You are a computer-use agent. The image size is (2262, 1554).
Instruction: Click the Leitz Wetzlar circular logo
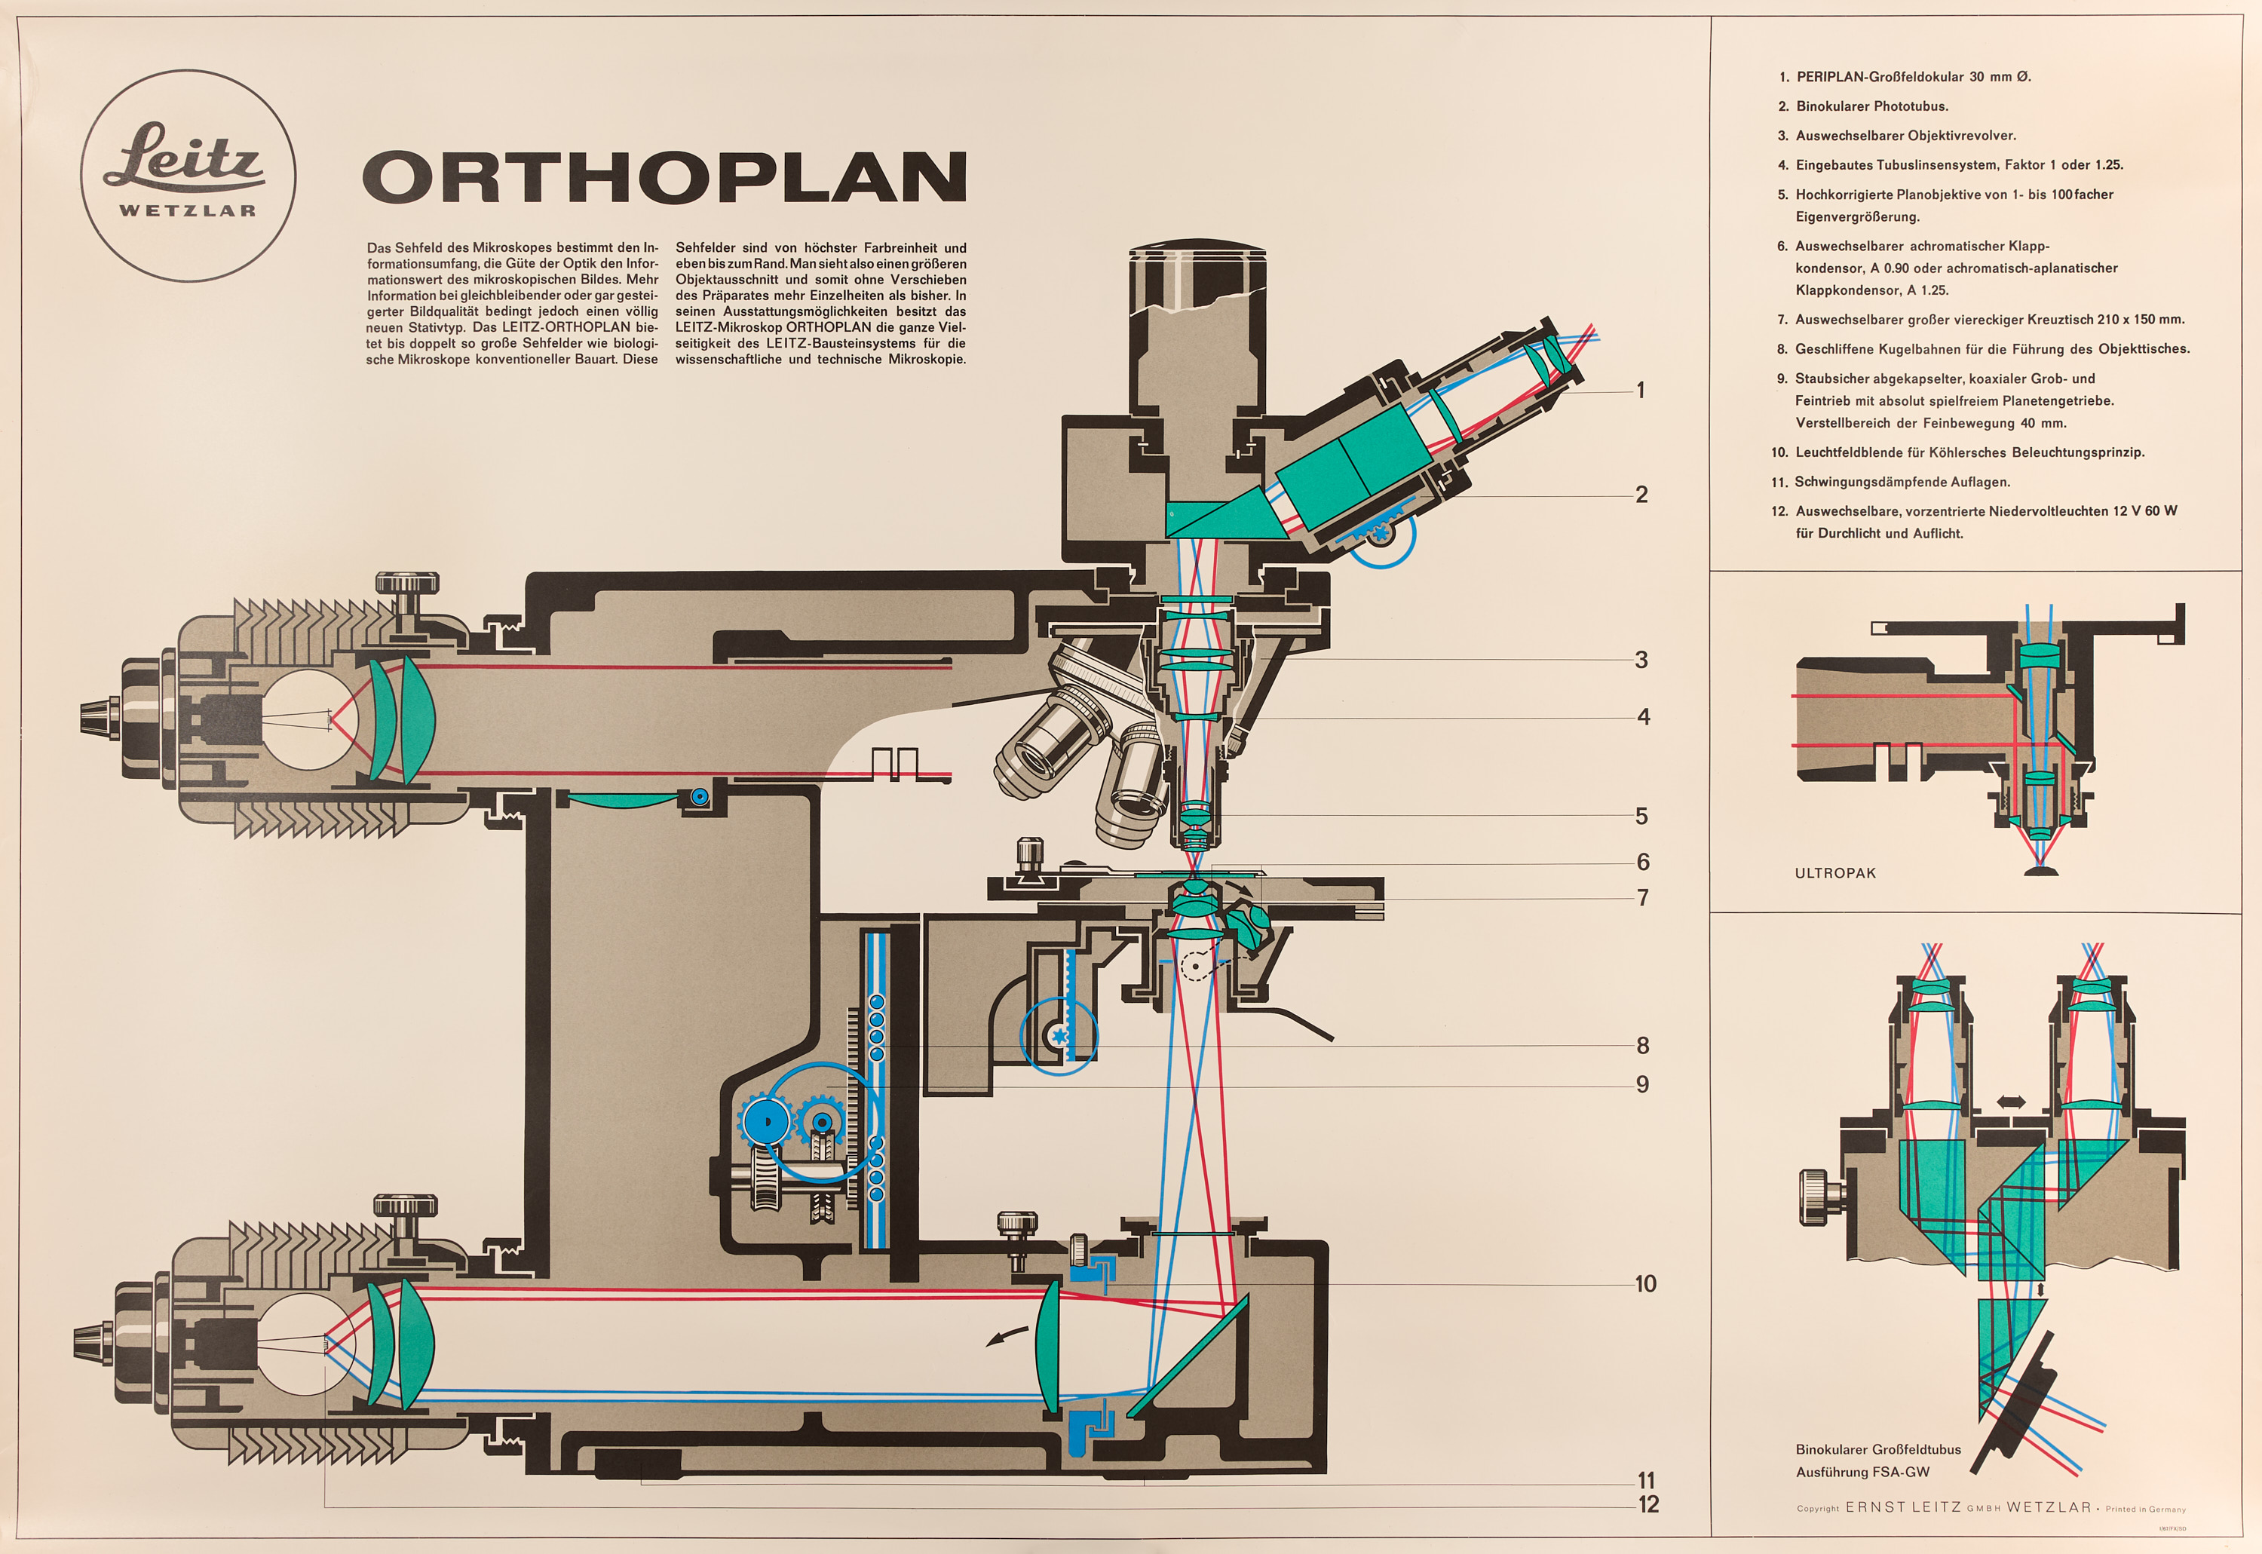(188, 176)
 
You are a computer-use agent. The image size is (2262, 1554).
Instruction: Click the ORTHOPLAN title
(665, 177)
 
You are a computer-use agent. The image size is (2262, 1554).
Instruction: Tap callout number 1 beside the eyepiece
(1641, 391)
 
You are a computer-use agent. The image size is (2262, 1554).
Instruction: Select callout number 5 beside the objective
(1641, 816)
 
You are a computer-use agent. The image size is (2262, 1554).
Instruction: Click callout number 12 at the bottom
(1647, 1504)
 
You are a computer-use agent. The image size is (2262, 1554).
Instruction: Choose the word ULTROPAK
(1834, 873)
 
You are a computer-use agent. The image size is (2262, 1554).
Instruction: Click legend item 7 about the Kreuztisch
(1981, 320)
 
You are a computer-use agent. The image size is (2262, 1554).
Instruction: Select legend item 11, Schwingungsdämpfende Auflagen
(1890, 482)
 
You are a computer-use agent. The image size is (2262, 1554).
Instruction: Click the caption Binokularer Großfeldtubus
(1878, 1449)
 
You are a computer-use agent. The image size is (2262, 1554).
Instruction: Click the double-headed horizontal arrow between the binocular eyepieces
(2011, 1102)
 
